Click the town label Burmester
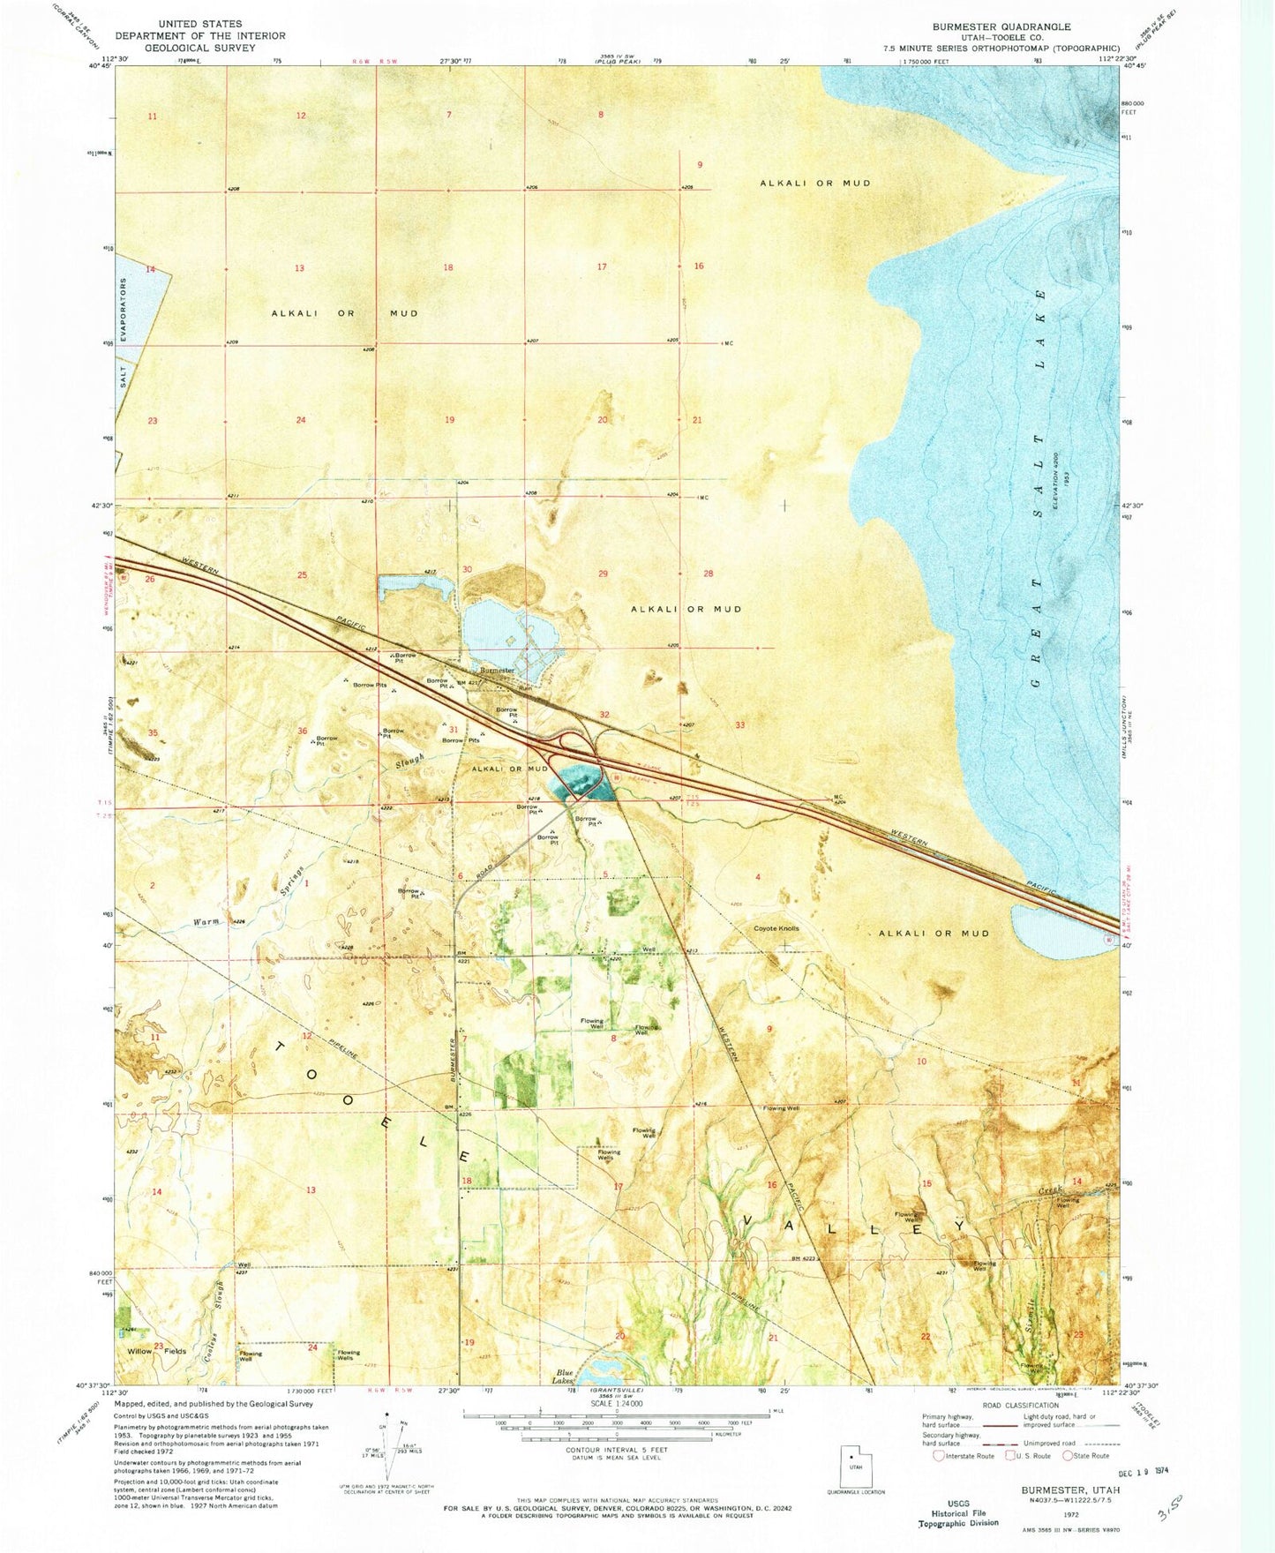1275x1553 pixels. click(x=497, y=671)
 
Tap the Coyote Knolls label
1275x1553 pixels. click(x=776, y=928)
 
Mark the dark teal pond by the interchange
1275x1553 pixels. click(x=577, y=783)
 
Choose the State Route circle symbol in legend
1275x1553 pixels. click(x=1069, y=1456)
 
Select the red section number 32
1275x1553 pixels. click(x=604, y=715)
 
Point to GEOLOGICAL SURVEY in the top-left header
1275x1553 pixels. click(x=200, y=48)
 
